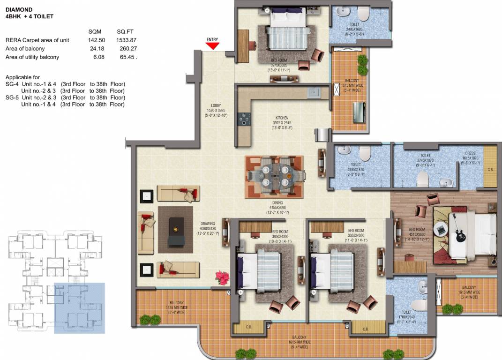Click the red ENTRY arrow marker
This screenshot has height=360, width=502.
point(212,45)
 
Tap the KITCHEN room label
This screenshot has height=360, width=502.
point(282,118)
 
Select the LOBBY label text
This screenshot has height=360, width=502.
point(216,105)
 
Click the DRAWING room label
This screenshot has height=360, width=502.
point(207,224)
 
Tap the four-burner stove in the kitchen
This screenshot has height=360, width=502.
point(244,120)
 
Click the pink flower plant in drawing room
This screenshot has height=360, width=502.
point(222,277)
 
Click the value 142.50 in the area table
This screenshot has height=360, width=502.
point(96,40)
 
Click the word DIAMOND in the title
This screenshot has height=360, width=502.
point(19,8)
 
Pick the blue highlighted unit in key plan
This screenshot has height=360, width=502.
point(79,307)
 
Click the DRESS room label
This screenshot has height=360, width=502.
point(470,153)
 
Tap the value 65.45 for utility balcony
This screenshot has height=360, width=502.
point(127,57)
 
